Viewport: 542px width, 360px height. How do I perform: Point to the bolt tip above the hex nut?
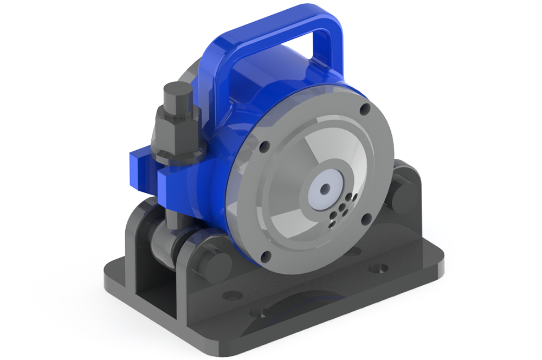176,95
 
